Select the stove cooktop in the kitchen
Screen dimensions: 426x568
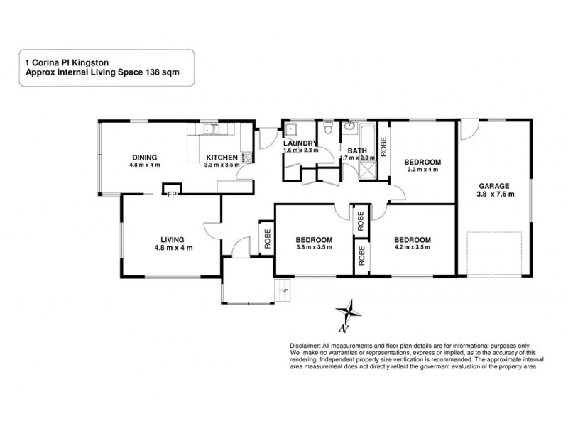coord(246,158)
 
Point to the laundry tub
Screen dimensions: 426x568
coord(291,131)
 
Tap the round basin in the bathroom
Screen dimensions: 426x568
coord(349,129)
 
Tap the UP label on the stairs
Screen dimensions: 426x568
coord(285,290)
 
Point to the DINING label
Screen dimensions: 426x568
coord(143,158)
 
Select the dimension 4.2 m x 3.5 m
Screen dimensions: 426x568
coord(413,248)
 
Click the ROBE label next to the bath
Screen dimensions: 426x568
coord(383,147)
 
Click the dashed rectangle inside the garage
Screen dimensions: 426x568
coord(494,253)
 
